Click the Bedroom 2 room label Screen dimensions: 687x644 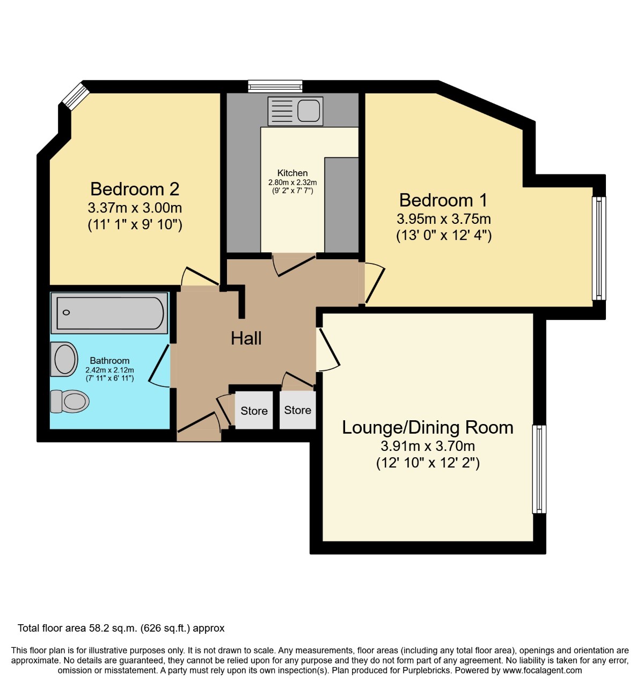coord(135,189)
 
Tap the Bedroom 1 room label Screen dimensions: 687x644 coord(443,200)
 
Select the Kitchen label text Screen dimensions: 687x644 coord(292,173)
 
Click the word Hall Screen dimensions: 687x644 coord(246,338)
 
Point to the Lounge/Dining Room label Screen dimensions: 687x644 coord(428,427)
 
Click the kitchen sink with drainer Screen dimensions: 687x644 coord(295,111)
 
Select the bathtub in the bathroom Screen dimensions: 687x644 coord(109,312)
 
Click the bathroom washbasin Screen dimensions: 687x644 coord(65,359)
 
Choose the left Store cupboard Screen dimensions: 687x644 coord(254,411)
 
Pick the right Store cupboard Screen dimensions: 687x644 coord(297,410)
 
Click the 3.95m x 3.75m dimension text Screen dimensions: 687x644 coord(443,219)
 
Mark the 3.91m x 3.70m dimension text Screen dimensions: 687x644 coord(428,446)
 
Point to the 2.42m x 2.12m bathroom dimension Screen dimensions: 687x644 coord(109,370)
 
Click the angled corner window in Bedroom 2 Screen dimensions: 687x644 coord(75,96)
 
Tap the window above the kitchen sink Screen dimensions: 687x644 coord(275,86)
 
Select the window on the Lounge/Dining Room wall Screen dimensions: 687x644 coord(539,469)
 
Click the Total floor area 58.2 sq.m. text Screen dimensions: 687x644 coord(121,628)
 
